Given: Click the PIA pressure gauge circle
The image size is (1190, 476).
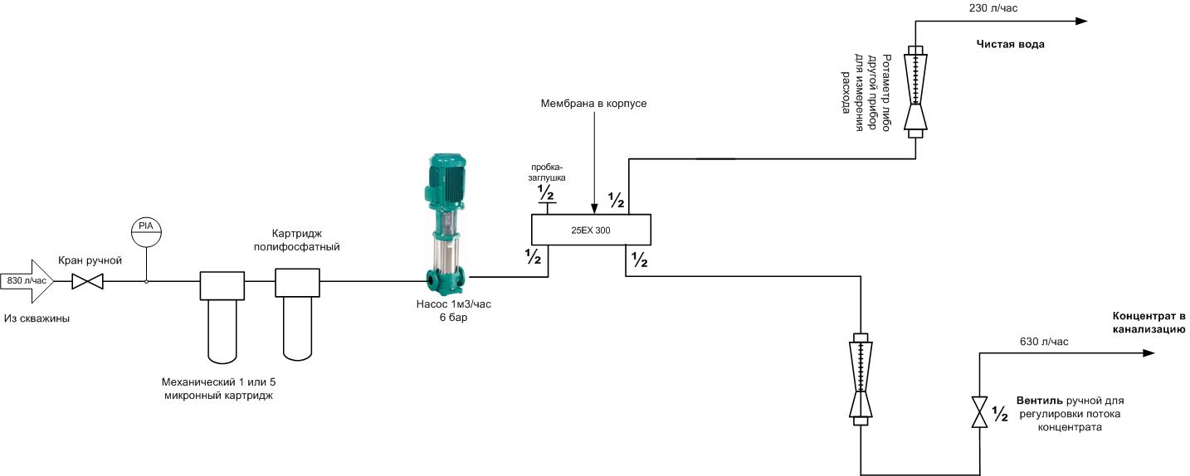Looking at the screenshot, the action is click(x=146, y=231).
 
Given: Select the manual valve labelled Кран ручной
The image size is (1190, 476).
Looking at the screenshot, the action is click(x=88, y=281).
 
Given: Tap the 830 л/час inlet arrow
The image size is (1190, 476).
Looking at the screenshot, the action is click(x=27, y=281).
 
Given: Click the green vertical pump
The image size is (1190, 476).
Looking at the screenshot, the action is click(x=446, y=225).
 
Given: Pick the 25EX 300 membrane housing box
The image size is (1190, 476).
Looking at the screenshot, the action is click(x=592, y=230).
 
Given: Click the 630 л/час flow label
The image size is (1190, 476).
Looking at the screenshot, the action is click(x=1044, y=342).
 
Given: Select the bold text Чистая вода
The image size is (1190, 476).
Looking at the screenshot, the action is click(x=1010, y=45).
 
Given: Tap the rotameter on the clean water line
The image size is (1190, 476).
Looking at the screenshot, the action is click(x=915, y=91).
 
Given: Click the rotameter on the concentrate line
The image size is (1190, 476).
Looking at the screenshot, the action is click(x=860, y=379).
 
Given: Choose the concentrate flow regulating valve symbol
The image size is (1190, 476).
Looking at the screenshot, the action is click(x=979, y=412).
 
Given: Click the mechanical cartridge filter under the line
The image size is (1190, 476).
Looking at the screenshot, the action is click(x=222, y=318).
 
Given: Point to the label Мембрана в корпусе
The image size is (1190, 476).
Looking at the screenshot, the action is click(x=593, y=104).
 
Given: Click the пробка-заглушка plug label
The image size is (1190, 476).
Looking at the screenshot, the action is click(x=547, y=173).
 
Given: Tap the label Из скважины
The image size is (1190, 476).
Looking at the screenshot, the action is click(x=37, y=319).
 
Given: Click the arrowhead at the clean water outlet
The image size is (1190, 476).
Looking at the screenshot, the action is click(x=1081, y=22).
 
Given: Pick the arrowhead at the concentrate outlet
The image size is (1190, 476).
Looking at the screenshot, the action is click(x=1149, y=353).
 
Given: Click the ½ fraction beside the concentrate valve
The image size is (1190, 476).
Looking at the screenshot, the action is click(x=1000, y=414).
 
